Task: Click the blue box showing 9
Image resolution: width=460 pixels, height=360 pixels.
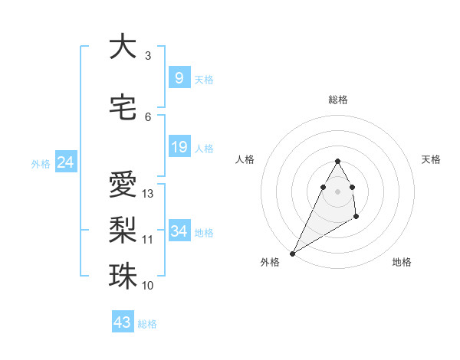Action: pyautogui.click(x=179, y=78)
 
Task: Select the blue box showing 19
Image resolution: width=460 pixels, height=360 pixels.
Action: pyautogui.click(x=179, y=147)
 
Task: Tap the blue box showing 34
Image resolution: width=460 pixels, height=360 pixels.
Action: pyautogui.click(x=179, y=231)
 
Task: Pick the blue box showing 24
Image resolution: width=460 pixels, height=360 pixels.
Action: pyautogui.click(x=65, y=162)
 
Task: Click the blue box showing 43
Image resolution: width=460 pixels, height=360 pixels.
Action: pyautogui.click(x=122, y=322)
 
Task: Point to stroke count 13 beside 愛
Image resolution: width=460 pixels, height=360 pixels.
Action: pyautogui.click(x=148, y=194)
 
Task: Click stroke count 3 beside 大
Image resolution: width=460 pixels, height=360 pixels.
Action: pyautogui.click(x=148, y=55)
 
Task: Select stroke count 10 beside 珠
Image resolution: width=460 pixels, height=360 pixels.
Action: pyautogui.click(x=148, y=285)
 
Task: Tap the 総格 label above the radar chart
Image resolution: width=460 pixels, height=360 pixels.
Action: pyautogui.click(x=338, y=100)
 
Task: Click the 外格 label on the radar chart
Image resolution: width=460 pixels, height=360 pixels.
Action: pyautogui.click(x=270, y=262)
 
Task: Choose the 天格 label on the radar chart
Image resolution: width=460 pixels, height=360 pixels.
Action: pyautogui.click(x=432, y=159)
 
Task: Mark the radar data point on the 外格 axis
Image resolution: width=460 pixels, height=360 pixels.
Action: pyautogui.click(x=292, y=253)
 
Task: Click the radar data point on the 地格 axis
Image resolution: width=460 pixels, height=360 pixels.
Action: pyautogui.click(x=356, y=218)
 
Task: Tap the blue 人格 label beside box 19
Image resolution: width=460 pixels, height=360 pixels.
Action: pyautogui.click(x=204, y=148)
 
